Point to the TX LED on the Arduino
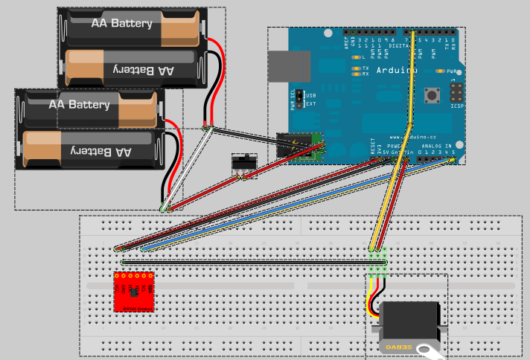[356, 68]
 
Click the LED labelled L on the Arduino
[356, 57]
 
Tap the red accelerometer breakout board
[134, 291]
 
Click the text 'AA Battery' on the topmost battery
[121, 23]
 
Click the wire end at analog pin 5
[453, 160]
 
